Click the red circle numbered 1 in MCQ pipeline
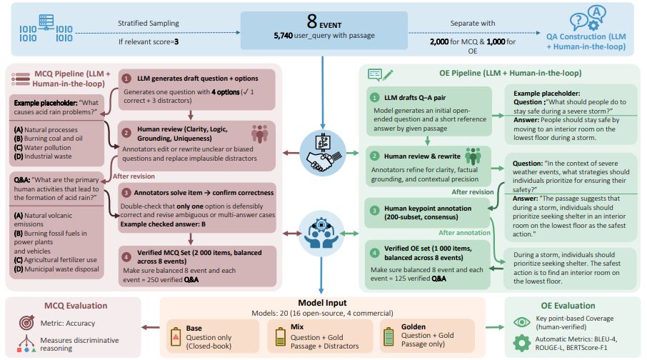(x=126, y=78)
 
